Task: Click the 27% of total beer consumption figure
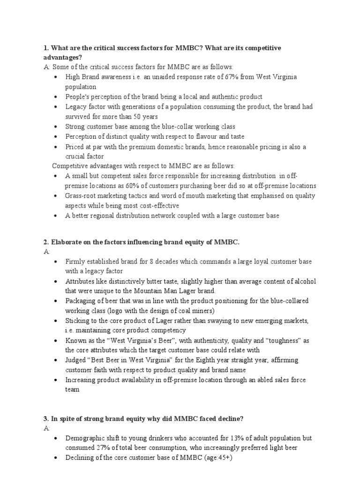pyautogui.click(x=100, y=448)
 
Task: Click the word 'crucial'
pyautogui.click(x=76, y=157)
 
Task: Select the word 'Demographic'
pyautogui.click(x=87, y=438)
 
